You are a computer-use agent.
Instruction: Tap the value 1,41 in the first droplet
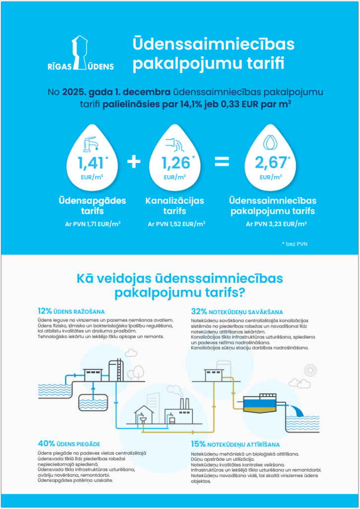(x=91, y=163)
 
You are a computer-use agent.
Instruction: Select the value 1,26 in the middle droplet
(x=175, y=163)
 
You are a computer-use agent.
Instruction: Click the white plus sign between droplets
(x=134, y=162)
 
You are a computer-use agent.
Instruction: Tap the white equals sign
(x=222, y=162)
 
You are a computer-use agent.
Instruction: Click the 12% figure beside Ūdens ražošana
(x=45, y=311)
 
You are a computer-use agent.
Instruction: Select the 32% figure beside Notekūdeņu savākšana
(x=198, y=311)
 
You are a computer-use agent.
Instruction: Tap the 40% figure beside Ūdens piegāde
(x=46, y=443)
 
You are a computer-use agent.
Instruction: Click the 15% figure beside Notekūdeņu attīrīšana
(x=198, y=444)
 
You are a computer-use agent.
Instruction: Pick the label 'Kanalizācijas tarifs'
(x=175, y=206)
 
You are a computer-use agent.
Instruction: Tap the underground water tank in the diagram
(x=93, y=400)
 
